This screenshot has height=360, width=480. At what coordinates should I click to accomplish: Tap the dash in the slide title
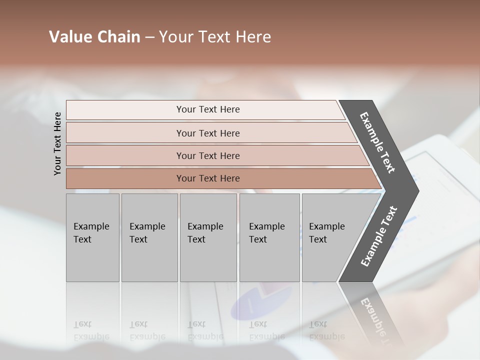coord(149,37)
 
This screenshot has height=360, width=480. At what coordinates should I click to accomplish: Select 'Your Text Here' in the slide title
coord(215,37)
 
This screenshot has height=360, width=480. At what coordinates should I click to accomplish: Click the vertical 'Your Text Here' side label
coord(57,143)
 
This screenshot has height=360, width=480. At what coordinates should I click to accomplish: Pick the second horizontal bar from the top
coord(207,133)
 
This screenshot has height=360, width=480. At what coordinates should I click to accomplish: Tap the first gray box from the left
coord(92,237)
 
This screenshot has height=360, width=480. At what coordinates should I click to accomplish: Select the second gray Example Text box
coord(149,237)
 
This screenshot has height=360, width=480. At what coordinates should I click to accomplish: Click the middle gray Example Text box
coord(208,237)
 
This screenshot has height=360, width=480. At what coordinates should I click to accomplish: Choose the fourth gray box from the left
coord(269,237)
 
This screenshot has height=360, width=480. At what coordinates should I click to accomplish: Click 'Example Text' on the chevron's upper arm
coord(378,142)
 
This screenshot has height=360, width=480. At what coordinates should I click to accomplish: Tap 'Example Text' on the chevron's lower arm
coord(379,236)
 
